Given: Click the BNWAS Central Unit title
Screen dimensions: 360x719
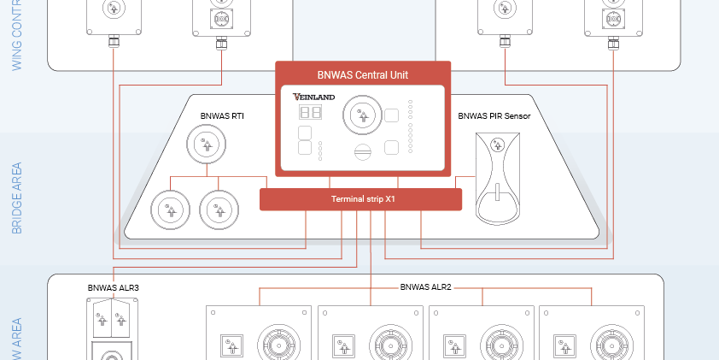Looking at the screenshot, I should (363, 74).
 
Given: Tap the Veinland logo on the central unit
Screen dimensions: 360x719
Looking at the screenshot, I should (313, 97).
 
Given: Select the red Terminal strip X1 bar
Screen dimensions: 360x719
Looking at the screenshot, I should (360, 199).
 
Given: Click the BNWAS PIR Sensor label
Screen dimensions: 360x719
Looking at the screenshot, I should (494, 115).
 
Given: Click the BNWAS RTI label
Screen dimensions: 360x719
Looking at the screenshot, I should (222, 115).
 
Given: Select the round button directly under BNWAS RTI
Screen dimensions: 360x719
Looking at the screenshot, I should (206, 144).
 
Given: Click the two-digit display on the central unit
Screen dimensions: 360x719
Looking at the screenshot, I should (309, 113).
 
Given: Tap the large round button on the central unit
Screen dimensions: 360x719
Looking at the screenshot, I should (359, 114).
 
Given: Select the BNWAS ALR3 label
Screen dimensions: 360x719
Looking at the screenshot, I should (113, 288).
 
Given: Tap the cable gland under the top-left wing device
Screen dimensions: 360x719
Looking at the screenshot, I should (114, 40).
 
